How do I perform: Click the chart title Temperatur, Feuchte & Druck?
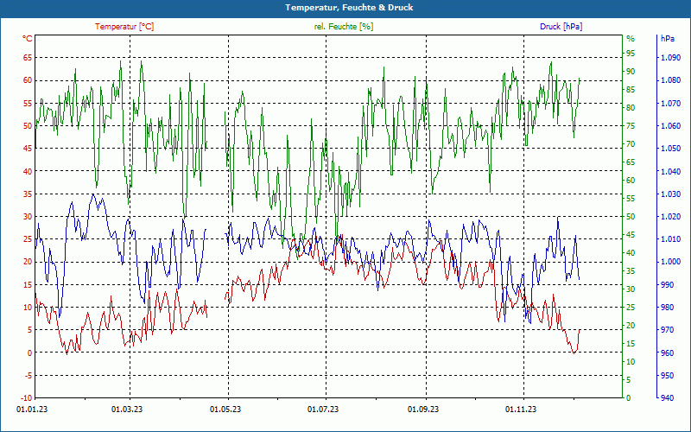point(345,8)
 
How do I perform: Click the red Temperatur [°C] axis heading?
point(124,27)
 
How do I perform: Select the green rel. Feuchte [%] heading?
point(344,27)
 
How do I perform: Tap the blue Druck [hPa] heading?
point(561,27)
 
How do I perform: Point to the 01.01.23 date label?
point(32,410)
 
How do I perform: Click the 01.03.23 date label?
point(128,410)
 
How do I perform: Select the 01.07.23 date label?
point(324,410)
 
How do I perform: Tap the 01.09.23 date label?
point(423,410)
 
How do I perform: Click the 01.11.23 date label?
point(521,410)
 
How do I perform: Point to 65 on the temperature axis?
point(28,58)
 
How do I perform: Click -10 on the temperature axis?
point(26,398)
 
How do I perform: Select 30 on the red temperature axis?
point(28,217)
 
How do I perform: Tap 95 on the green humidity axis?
point(631,39)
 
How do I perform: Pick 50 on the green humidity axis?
point(631,217)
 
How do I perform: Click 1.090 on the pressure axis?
point(669,58)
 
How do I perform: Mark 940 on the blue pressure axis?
point(666,398)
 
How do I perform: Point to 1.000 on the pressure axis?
point(669,262)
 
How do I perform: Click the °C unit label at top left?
point(28,39)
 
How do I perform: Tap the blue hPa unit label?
point(667,39)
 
